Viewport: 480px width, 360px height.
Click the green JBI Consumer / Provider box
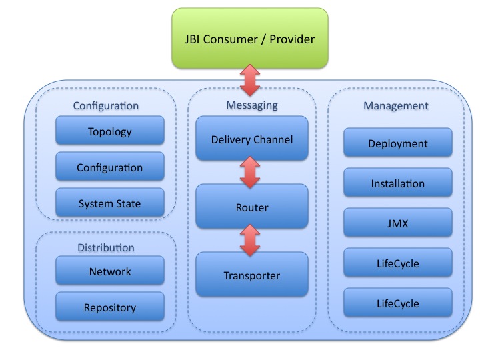pyautogui.click(x=250, y=39)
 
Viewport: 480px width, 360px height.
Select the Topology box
pyautogui.click(x=110, y=131)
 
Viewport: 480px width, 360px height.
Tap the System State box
pyautogui.click(x=110, y=203)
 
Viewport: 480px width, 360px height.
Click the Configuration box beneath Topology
pyautogui.click(x=110, y=167)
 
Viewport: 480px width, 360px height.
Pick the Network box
pyautogui.click(x=110, y=271)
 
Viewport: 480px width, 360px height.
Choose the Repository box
pyautogui.click(x=110, y=307)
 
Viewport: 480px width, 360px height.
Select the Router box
pyautogui.click(x=252, y=207)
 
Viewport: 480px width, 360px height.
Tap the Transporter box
pyautogui.click(x=252, y=275)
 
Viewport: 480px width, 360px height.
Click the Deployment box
pyautogui.click(x=398, y=143)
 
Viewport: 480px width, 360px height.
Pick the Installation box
pyautogui.click(x=398, y=183)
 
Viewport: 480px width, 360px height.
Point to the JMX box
pyautogui.click(x=398, y=223)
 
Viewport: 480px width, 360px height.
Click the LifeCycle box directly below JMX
pyautogui.click(x=398, y=263)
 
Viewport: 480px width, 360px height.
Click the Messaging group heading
pyautogui.click(x=251, y=105)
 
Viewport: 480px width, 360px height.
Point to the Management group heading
pyautogui.click(x=396, y=105)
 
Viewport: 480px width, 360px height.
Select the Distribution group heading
pyautogui.click(x=106, y=247)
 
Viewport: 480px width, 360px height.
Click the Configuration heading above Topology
pyautogui.click(x=106, y=105)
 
